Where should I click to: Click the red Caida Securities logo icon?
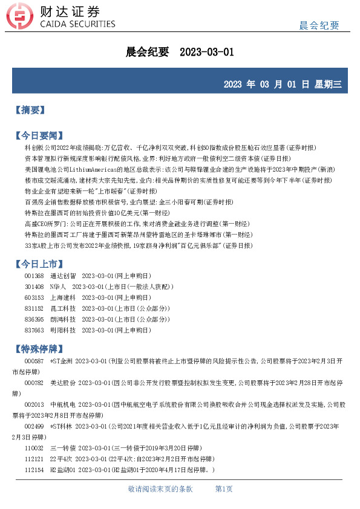25,16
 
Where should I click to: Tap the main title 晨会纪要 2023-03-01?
180,53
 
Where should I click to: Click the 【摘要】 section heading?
29,110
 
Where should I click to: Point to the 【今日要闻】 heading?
38,135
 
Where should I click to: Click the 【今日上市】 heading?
38,264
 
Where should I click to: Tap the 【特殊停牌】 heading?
38,349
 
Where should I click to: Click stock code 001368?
34,276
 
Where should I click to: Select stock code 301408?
34,287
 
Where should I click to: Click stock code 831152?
34,308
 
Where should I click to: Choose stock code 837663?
34,330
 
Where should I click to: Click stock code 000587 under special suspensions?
34,361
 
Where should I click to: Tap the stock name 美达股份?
62,383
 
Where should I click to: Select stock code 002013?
34,405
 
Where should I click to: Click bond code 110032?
34,448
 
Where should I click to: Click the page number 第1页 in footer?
224,488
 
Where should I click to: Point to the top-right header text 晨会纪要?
319,25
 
